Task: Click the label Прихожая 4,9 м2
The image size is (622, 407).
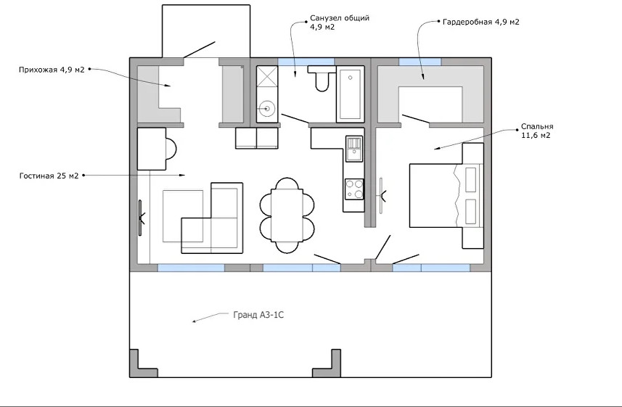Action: point(52,70)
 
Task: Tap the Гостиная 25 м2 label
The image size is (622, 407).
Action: point(49,176)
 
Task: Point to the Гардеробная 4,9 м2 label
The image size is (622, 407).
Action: point(480,22)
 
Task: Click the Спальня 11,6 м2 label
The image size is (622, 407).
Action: point(537,131)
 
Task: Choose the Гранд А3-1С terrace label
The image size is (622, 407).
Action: point(258,315)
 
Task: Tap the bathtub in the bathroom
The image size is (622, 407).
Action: point(351,94)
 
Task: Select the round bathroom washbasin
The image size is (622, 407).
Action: point(267,108)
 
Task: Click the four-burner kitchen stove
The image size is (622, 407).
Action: point(354,189)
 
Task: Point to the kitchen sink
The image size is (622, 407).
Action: point(354,148)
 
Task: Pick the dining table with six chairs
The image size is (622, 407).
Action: point(287,215)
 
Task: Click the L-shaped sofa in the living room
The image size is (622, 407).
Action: point(212,218)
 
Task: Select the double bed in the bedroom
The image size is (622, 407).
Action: point(446,196)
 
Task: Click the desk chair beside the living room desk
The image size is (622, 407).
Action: point(170,148)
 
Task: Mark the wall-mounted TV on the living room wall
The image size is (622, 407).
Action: point(141,218)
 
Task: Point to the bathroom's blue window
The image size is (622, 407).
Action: point(306,62)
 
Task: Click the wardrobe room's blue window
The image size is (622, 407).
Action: point(420,62)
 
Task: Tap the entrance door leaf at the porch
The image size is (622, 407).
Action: point(200,49)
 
